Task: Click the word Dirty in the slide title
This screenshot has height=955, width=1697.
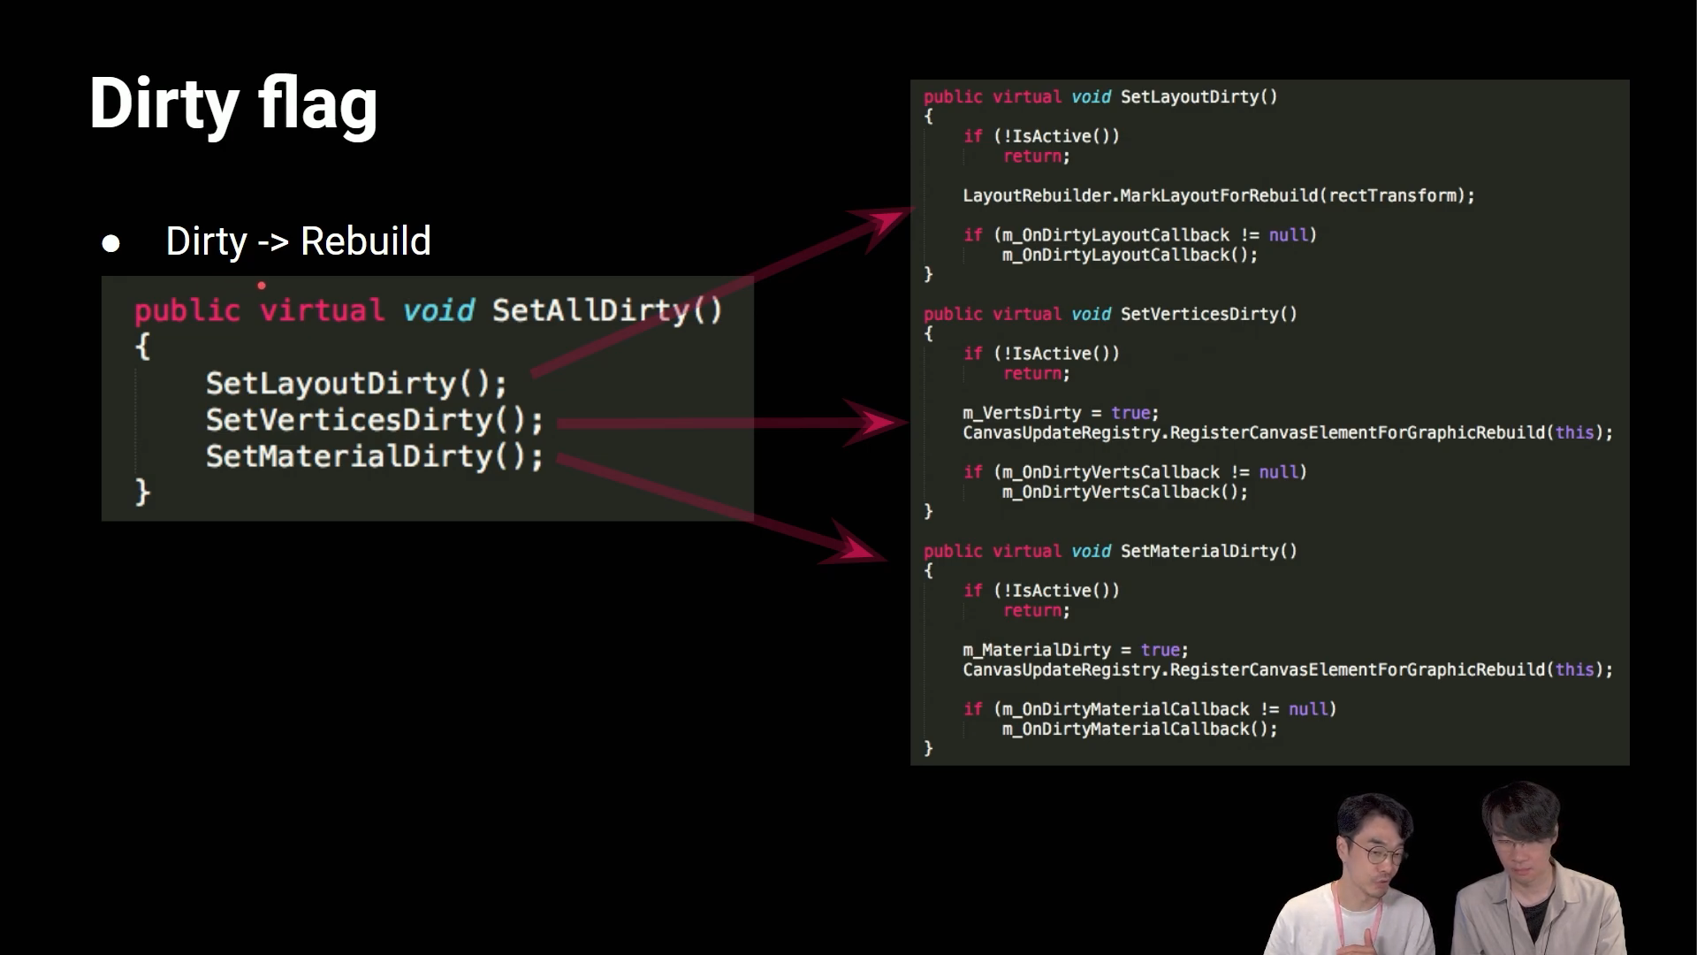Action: pos(164,104)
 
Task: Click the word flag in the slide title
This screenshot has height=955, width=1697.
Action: pos(317,104)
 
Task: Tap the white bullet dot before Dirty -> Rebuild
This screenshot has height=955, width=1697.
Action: pos(110,243)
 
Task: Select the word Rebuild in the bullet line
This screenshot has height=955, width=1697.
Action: pos(365,241)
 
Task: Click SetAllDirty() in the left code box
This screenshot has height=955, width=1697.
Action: pos(606,310)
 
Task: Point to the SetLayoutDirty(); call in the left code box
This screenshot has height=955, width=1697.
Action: pos(356,384)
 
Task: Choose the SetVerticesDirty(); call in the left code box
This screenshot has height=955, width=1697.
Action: pos(374,420)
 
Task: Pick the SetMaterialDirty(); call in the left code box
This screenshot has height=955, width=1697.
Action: pos(374,456)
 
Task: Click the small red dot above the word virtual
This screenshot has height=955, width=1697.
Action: pos(262,286)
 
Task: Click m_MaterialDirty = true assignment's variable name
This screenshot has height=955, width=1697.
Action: pos(1037,650)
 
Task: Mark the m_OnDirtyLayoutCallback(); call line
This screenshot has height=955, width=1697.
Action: pos(1130,256)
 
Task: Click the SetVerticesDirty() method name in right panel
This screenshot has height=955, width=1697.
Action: pos(1208,314)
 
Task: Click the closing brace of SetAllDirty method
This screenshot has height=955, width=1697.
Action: pos(142,493)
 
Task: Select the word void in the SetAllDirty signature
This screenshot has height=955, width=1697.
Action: pos(438,310)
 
